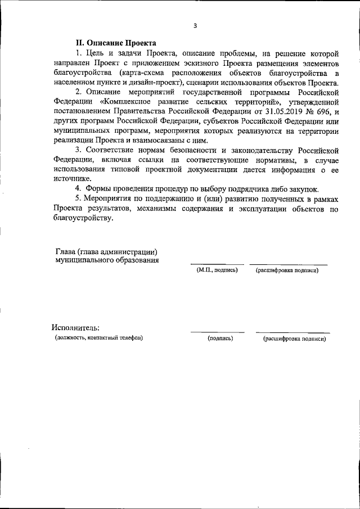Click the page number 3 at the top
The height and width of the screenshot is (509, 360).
pyautogui.click(x=195, y=25)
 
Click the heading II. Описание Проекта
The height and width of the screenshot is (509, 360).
pyautogui.click(x=116, y=43)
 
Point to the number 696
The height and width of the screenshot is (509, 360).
pyautogui.click(x=319, y=111)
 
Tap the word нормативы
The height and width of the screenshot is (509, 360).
pyautogui.click(x=258, y=160)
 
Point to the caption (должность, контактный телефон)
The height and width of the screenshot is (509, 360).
pyautogui.click(x=99, y=338)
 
